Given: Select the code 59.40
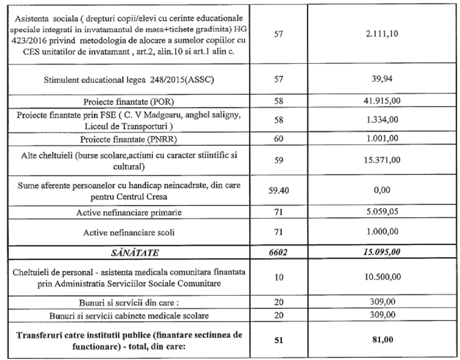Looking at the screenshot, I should coord(284,178).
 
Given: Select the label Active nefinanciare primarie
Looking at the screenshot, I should coord(130,199).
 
